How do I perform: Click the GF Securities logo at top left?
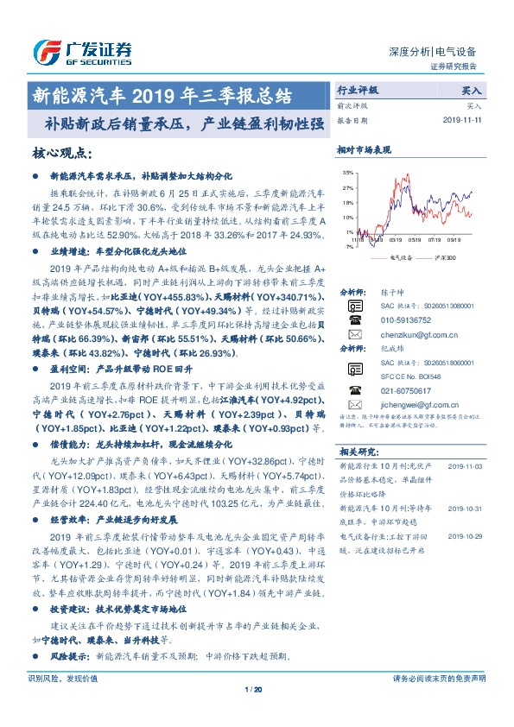(x=81, y=52)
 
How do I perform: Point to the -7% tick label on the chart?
(x=348, y=246)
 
